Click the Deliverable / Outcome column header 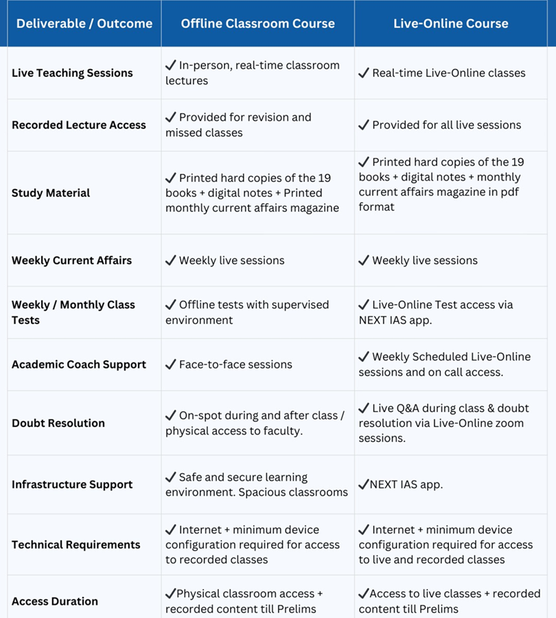(84, 23)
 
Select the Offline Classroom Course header (257, 23)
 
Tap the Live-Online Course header (451, 23)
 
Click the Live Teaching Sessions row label (72, 73)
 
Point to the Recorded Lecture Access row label (79, 125)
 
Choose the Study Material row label (51, 193)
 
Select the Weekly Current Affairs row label (71, 260)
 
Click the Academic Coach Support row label (79, 365)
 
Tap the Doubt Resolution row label (58, 423)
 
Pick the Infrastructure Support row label (72, 485)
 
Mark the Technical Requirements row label (76, 545)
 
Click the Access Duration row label (55, 602)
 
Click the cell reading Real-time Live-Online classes (448, 73)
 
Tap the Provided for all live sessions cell (446, 125)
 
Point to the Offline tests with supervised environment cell (247, 312)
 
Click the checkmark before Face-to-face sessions (171, 365)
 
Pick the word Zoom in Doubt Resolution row (511, 424)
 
